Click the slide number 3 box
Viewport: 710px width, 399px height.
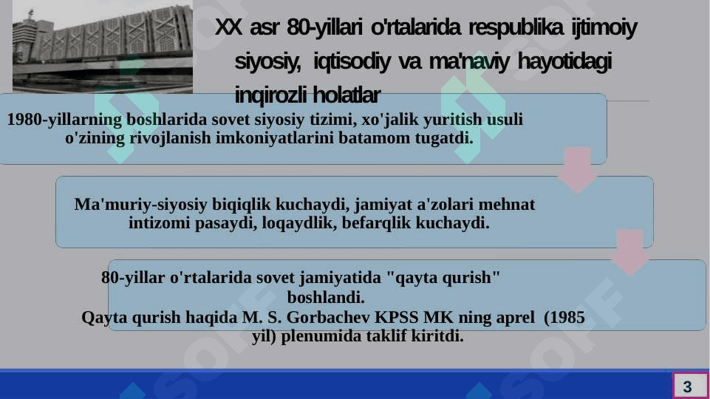coord(690,386)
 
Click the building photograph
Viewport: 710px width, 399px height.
coord(103,47)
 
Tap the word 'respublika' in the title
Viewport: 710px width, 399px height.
coord(516,27)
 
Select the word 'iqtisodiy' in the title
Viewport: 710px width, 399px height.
coord(352,61)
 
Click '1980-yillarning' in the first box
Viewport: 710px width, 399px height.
coord(64,120)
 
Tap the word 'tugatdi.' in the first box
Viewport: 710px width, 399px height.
coord(444,137)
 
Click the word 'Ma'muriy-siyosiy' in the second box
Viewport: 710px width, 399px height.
coord(141,205)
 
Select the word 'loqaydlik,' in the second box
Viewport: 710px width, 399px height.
coord(299,223)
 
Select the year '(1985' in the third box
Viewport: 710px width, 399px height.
coord(564,318)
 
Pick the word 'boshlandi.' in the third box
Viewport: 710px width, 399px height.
coord(326,298)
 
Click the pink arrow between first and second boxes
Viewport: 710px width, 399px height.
coord(577,170)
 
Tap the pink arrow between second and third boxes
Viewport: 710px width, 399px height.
coord(630,252)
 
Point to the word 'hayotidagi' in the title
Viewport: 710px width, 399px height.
coord(564,61)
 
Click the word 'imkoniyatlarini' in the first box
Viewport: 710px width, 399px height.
coord(275,137)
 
